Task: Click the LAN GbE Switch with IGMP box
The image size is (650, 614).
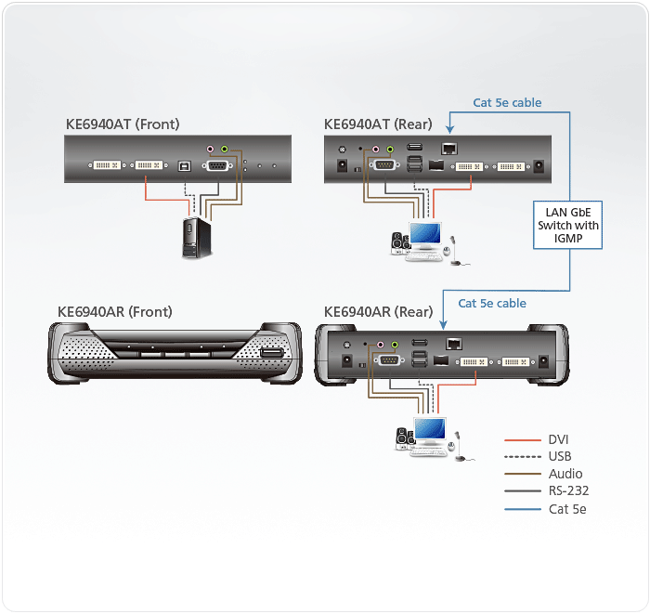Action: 567,225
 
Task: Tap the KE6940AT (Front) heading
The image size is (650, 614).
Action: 123,124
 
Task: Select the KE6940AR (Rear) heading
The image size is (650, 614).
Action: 378,311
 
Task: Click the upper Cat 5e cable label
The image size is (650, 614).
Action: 507,102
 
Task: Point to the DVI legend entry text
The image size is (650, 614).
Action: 558,439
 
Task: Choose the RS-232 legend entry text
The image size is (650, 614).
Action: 568,490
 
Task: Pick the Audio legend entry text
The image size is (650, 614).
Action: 565,474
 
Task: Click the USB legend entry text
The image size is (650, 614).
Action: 560,456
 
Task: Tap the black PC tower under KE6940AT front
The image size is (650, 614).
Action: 197,238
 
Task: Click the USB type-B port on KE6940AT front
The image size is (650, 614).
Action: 184,166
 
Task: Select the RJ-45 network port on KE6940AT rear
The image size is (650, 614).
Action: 449,148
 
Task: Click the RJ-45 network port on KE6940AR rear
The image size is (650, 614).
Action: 454,344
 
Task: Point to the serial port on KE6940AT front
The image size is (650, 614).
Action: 217,166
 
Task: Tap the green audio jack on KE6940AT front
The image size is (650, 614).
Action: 225,149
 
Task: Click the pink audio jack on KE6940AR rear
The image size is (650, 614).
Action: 380,345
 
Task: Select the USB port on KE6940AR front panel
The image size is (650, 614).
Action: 271,353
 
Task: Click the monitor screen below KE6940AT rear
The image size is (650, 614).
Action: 425,233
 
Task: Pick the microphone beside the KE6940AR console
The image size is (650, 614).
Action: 460,447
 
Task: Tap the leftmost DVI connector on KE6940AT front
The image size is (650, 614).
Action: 107,165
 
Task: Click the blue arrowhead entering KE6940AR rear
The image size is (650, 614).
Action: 443,325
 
